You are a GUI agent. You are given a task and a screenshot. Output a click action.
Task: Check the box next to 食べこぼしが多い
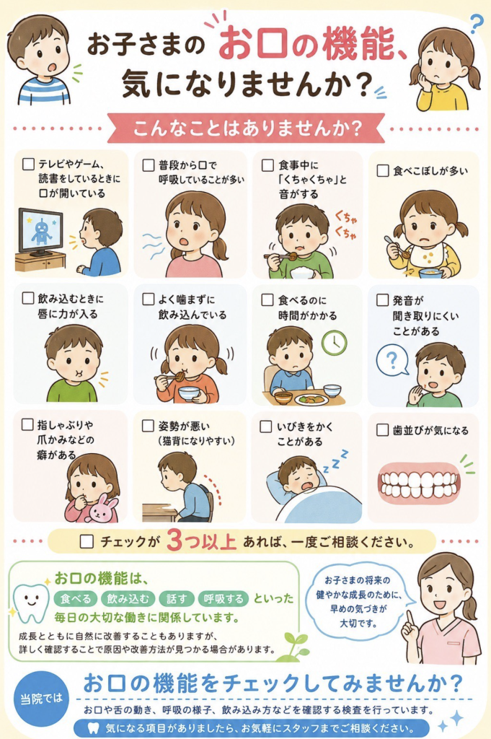coord(383,170)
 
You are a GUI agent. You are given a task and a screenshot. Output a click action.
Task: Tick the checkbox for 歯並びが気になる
coord(383,430)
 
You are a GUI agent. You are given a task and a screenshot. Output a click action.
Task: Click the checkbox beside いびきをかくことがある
coord(266,427)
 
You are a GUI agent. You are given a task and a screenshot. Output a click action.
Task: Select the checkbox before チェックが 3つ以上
coord(87,541)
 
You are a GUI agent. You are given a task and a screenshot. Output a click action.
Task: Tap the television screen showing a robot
coord(40,231)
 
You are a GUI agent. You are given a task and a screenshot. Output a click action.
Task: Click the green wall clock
coord(335,342)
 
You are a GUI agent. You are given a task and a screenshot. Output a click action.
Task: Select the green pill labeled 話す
coord(177,598)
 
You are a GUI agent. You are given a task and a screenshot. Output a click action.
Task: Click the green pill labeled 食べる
coord(76,598)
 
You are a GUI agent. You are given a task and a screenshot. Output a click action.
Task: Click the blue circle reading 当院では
coord(41,699)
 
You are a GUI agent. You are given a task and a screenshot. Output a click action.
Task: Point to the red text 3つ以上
coord(201,541)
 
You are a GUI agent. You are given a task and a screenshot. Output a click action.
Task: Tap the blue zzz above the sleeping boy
coord(335,460)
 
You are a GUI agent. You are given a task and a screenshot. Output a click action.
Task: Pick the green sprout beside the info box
coord(296,644)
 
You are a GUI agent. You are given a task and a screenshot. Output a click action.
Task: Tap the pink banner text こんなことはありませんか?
coord(247,128)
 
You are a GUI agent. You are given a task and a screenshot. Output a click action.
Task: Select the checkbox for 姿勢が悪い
coord(149,426)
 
